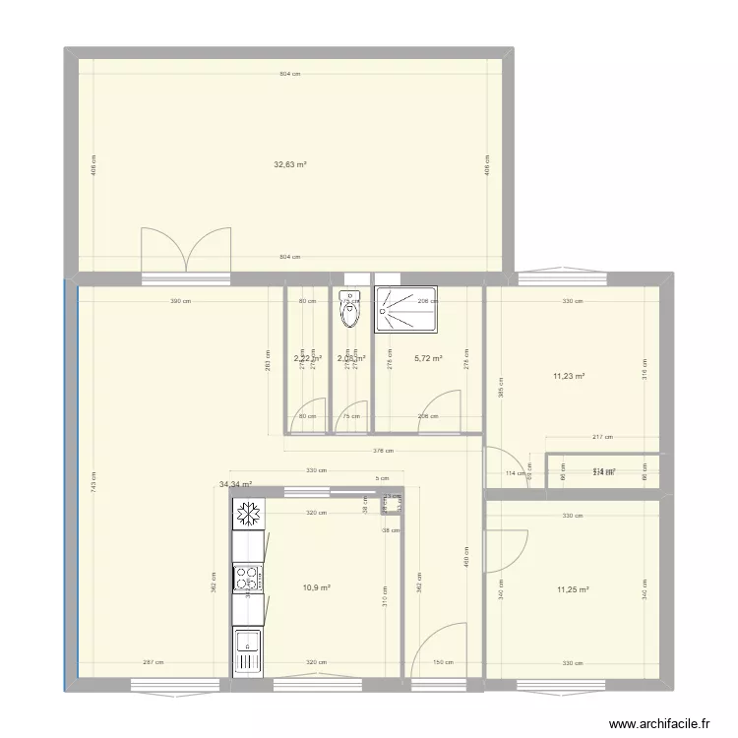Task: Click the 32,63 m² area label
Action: click(290, 165)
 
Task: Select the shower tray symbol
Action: click(404, 309)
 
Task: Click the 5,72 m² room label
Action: click(428, 359)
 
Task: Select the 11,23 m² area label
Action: click(570, 376)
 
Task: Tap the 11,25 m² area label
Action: click(572, 589)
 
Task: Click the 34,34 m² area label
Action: click(236, 484)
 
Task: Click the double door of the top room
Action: click(186, 249)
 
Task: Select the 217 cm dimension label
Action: click(602, 437)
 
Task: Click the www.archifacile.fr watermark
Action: click(659, 723)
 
